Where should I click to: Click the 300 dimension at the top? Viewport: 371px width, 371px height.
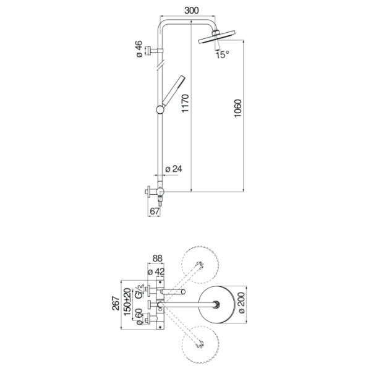(x=192, y=11)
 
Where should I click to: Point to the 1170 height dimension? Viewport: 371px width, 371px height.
(x=185, y=103)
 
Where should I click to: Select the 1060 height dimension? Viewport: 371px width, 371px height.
(x=237, y=108)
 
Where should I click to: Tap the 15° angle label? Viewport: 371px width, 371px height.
(x=223, y=55)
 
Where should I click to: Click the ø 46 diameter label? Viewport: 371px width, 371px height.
(x=139, y=49)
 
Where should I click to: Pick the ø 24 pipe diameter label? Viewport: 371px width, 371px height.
(x=174, y=169)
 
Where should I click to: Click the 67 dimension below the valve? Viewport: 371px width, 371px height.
(x=155, y=211)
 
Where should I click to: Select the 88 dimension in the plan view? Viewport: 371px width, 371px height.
(x=158, y=258)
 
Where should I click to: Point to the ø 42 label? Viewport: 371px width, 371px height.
(x=156, y=271)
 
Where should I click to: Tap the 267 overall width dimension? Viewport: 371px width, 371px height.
(x=116, y=303)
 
